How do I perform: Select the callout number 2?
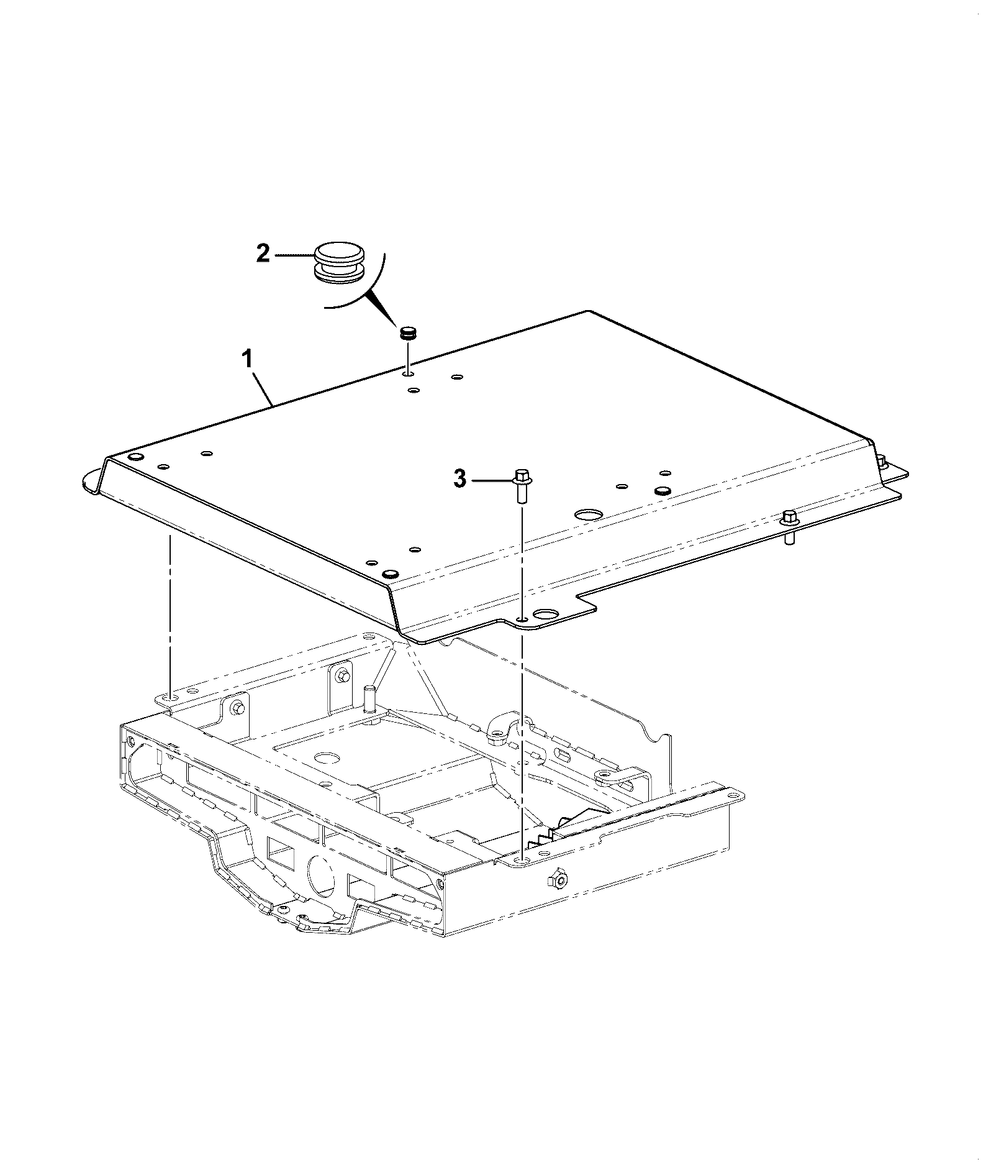(263, 254)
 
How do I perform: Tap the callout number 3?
(459, 480)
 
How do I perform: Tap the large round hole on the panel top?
(589, 514)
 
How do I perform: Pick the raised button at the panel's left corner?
(135, 457)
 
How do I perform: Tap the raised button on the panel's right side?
(663, 490)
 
